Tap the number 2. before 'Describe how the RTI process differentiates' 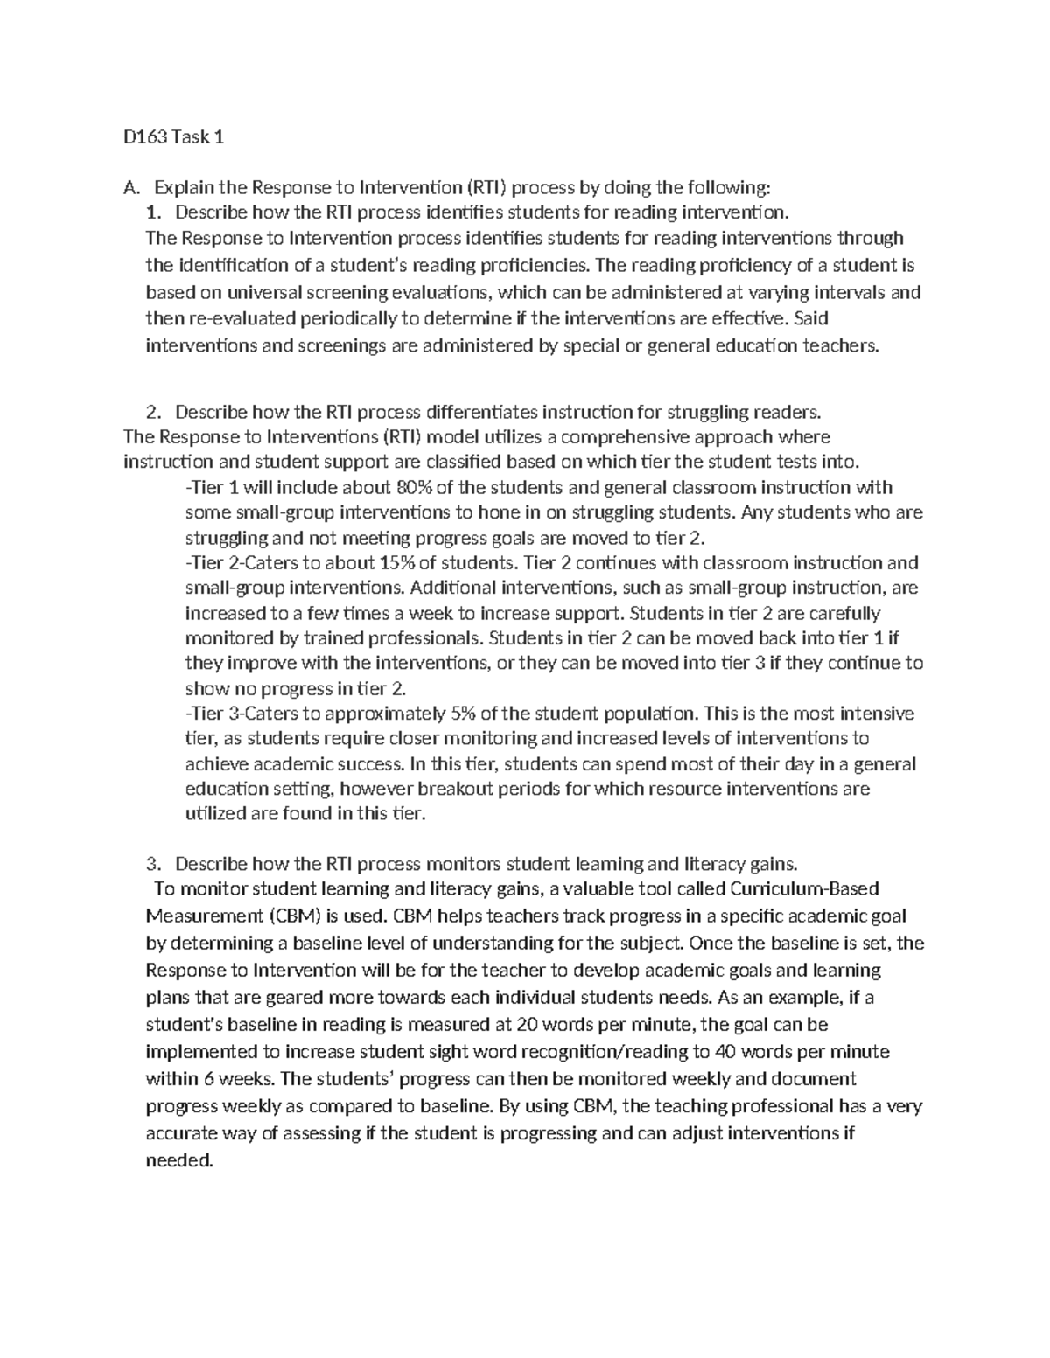[154, 412]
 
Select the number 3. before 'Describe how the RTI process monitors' [154, 864]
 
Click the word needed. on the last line [178, 1161]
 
